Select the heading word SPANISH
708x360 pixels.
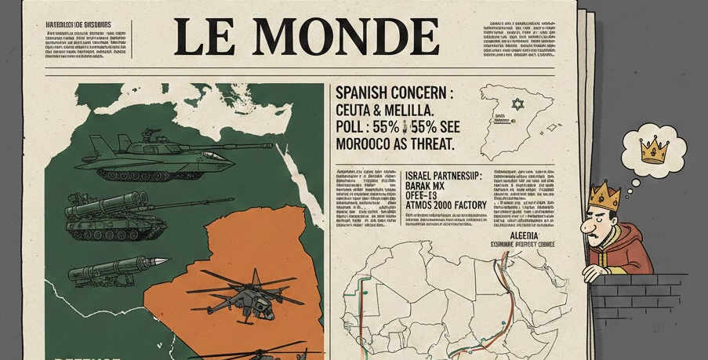coord(368,93)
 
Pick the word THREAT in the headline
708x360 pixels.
coord(426,144)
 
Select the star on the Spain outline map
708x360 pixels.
coord(516,104)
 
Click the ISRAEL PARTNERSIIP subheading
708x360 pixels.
coord(443,176)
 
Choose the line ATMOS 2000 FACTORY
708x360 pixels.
coord(445,205)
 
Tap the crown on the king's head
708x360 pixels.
coord(604,195)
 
